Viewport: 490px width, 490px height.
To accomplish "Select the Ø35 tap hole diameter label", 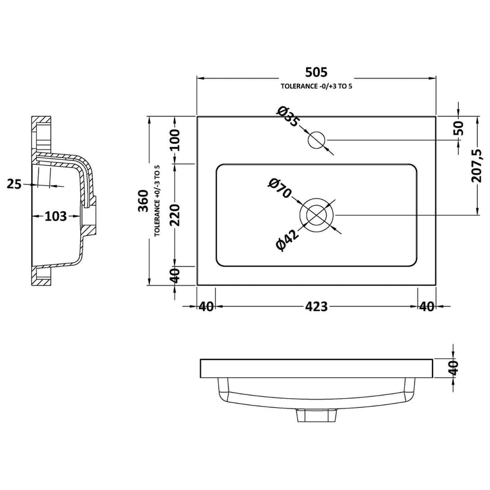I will [287, 117].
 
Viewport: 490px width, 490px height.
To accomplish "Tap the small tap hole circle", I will [317, 140].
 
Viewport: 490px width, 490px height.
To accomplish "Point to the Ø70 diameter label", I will [279, 189].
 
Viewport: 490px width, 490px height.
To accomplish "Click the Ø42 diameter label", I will [287, 239].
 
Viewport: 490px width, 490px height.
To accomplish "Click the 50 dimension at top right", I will [459, 128].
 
